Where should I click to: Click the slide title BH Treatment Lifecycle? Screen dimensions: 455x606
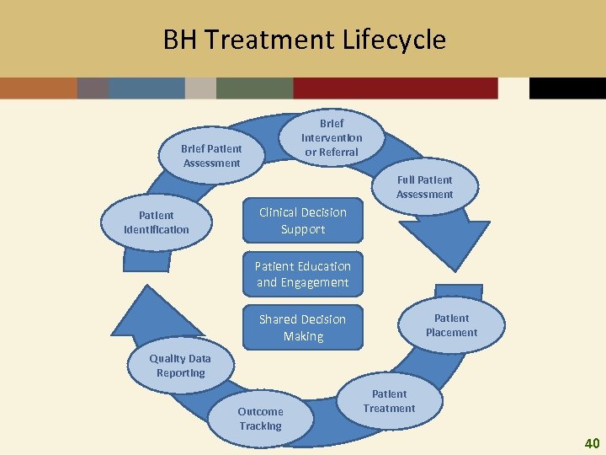point(304,40)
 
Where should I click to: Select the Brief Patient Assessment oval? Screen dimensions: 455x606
point(211,156)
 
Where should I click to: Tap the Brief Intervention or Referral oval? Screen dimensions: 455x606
point(332,137)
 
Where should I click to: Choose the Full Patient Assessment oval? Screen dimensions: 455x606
point(424,187)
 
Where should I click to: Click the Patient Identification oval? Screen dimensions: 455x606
point(157,222)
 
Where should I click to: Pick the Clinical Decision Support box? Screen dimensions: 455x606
point(303,221)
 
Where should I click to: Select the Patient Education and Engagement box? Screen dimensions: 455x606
point(303,274)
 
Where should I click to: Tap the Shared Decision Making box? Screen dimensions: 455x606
point(303,327)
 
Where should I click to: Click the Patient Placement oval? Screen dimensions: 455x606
point(451,325)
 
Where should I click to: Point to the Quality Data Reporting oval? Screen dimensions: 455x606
point(180,366)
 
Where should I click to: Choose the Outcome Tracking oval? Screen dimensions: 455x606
point(260,419)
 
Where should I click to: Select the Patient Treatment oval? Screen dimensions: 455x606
point(389,401)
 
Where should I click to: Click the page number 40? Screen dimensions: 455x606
point(592,442)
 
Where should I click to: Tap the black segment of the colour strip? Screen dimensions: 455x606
point(567,88)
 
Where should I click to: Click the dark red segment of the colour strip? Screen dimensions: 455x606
point(396,88)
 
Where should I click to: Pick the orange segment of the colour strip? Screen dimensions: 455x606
point(38,88)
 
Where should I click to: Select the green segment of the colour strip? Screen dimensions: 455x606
point(254,88)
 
